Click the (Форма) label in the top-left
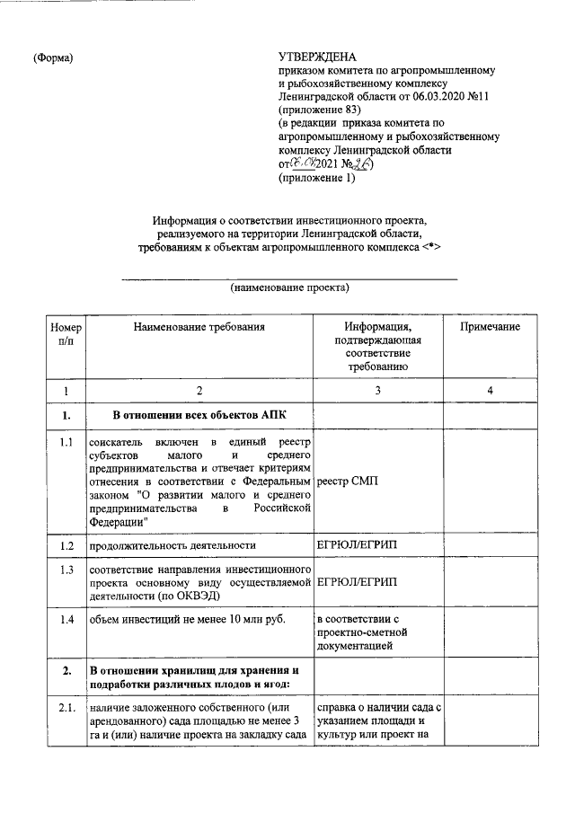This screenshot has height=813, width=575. [53, 57]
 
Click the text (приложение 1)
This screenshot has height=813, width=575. [317, 178]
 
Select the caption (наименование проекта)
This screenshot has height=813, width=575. [288, 287]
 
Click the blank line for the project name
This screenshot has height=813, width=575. [288, 278]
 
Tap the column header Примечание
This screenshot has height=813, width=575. [490, 327]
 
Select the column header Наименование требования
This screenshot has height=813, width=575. [199, 327]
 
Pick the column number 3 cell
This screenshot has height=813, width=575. [377, 391]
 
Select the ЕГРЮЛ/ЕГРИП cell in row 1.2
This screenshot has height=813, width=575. [357, 545]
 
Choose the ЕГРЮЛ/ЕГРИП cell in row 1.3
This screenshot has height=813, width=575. [357, 583]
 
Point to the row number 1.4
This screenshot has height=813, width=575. [65, 620]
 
